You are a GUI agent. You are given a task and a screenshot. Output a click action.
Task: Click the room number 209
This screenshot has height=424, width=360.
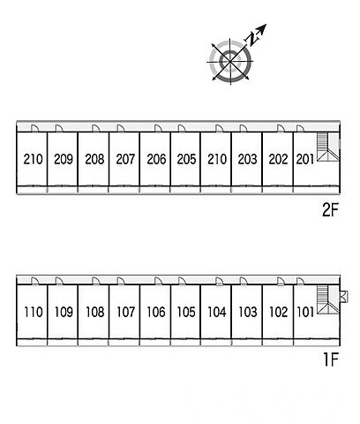64,159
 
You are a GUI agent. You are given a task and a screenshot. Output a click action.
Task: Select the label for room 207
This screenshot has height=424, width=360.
125,159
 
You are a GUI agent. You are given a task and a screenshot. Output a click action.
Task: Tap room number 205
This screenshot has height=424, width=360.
186,159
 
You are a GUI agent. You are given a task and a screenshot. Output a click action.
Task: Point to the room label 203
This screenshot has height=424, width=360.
248,159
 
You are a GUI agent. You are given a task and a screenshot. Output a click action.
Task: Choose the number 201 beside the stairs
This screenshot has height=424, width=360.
305,159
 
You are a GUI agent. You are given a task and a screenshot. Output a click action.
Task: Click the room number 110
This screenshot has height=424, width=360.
34,312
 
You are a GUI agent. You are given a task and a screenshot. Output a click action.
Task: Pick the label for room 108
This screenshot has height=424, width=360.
95,312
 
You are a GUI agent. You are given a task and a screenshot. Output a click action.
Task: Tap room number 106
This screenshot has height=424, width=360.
156,312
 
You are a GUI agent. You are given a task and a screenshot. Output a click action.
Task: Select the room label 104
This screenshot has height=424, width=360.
217,312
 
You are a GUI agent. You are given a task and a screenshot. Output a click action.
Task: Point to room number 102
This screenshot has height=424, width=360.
278,312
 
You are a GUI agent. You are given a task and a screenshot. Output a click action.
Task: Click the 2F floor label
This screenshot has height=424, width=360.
330,210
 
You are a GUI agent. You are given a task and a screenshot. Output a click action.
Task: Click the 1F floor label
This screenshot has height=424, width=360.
331,360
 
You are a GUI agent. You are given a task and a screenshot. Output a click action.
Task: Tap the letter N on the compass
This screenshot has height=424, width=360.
251,40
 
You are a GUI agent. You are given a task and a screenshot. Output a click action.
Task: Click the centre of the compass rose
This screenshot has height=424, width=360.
230,62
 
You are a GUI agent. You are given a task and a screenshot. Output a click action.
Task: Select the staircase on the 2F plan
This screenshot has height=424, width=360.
327,147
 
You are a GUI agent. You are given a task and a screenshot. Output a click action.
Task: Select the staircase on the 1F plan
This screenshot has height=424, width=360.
327,300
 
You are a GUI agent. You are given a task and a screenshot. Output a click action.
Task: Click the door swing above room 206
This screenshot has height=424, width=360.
158,128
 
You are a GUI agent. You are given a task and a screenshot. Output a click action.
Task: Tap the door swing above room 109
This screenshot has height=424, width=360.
59,281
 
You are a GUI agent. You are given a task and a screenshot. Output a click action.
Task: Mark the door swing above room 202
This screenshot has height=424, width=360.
281,128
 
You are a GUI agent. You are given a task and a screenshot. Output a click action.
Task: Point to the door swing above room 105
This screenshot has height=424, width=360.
182,281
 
